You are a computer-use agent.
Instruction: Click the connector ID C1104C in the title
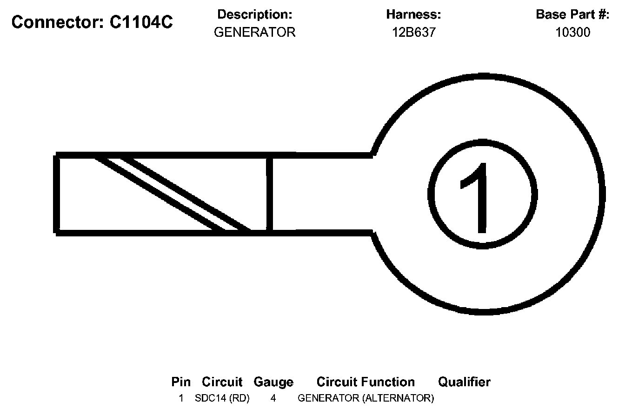click(141, 22)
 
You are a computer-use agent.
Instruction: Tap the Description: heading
click(254, 14)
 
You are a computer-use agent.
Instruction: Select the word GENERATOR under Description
click(254, 32)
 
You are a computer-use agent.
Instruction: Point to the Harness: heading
click(413, 14)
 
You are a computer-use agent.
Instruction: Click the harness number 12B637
click(413, 32)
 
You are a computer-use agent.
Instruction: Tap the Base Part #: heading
click(572, 14)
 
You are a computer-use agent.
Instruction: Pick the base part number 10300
click(572, 32)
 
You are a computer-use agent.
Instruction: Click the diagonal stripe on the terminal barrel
click(172, 194)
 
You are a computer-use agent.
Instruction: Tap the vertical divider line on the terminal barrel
click(269, 194)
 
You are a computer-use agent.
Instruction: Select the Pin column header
click(181, 382)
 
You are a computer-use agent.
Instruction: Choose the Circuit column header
click(222, 382)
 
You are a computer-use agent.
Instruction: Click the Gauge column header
click(273, 382)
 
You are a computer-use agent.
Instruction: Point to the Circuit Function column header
click(366, 382)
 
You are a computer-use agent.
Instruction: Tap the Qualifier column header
click(464, 382)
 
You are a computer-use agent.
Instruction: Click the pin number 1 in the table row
click(181, 398)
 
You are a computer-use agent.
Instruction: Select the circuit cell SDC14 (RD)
click(222, 398)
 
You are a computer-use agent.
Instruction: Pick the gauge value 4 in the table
click(273, 398)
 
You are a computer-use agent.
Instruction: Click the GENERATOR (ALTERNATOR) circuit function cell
click(366, 398)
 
